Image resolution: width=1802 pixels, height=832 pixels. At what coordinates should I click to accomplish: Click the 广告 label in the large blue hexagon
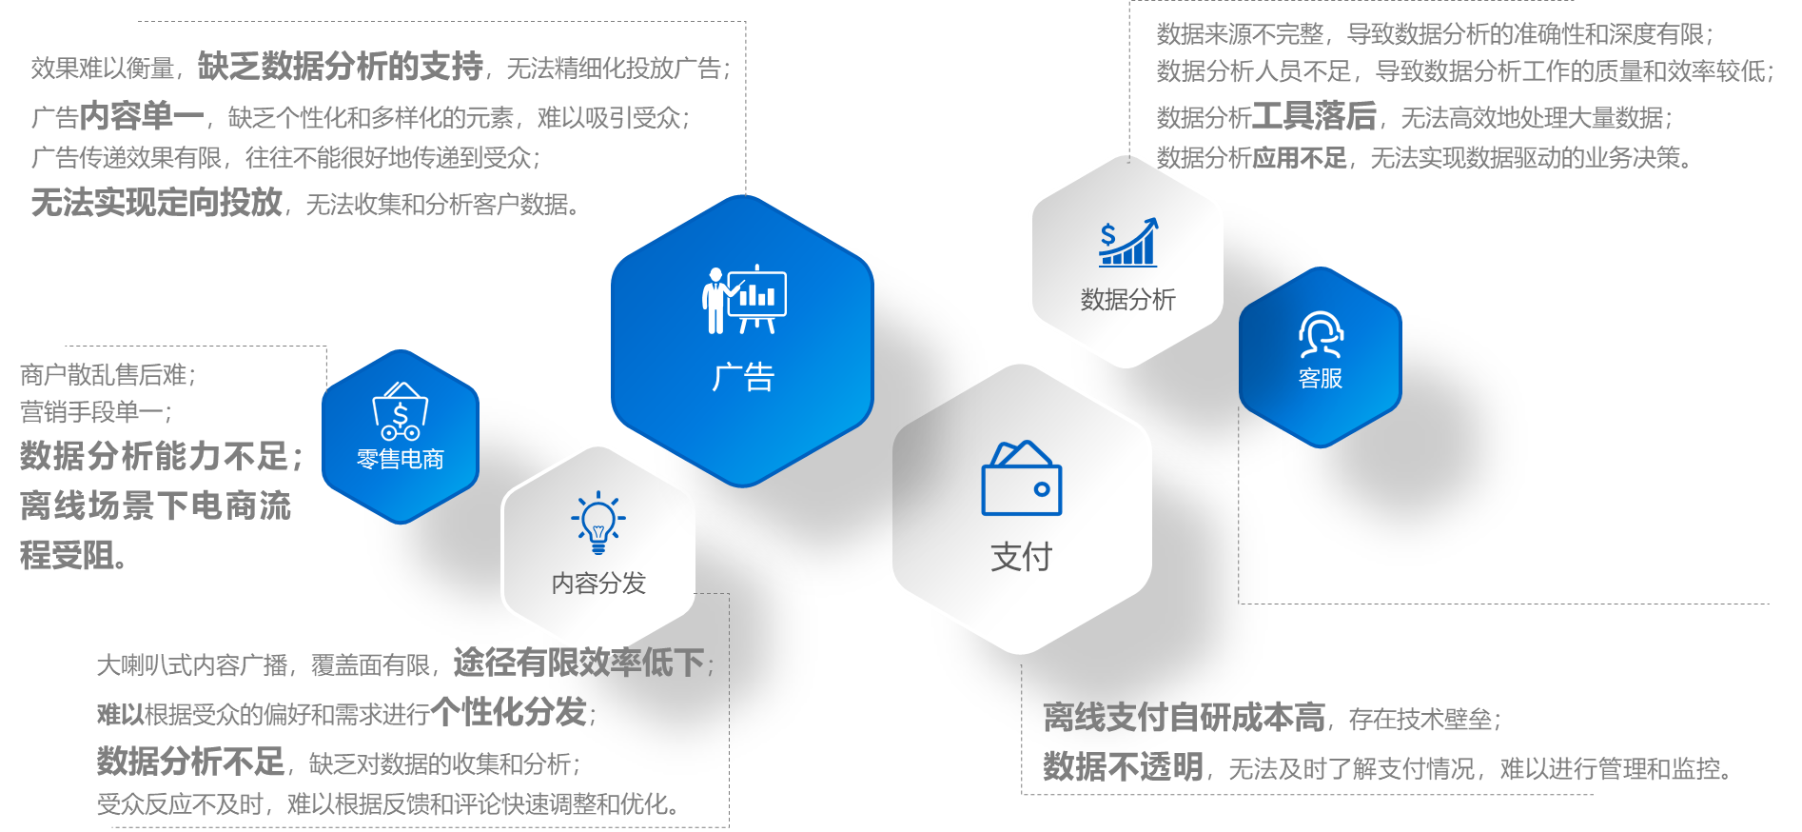tap(743, 377)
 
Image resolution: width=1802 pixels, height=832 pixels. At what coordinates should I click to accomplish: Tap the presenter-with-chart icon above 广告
tap(744, 300)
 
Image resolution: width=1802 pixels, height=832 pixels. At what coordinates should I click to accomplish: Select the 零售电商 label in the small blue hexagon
tap(400, 459)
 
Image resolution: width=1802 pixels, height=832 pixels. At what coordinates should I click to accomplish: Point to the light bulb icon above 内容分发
tap(598, 522)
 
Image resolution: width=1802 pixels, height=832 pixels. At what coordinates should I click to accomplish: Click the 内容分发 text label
tap(598, 583)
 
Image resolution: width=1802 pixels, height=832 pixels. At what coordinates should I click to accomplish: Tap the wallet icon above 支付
tap(1021, 478)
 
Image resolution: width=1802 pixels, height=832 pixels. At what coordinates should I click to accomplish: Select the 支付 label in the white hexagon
tap(1021, 556)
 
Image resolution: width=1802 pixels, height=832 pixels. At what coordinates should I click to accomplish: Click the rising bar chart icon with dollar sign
tap(1128, 242)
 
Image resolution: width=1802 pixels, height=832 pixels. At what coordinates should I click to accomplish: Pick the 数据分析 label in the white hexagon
tap(1127, 299)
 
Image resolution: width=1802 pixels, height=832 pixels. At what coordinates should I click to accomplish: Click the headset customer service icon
tap(1321, 334)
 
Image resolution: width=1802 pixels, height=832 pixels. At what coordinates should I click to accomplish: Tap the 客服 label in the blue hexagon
tap(1321, 378)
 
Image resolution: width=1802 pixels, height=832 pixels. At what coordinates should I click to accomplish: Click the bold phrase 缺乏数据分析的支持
tap(341, 66)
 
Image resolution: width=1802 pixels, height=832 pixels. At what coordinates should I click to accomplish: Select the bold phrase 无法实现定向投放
tap(157, 202)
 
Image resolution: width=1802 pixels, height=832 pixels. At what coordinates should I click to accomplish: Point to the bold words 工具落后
tap(1314, 116)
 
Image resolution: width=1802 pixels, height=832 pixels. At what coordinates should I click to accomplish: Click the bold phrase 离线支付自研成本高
tap(1184, 717)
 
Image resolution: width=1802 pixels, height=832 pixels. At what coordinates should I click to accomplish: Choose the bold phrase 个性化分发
tap(508, 711)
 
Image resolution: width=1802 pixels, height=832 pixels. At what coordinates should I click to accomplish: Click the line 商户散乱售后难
tap(107, 374)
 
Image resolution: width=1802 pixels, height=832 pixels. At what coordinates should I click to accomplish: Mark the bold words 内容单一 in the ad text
tap(142, 116)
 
